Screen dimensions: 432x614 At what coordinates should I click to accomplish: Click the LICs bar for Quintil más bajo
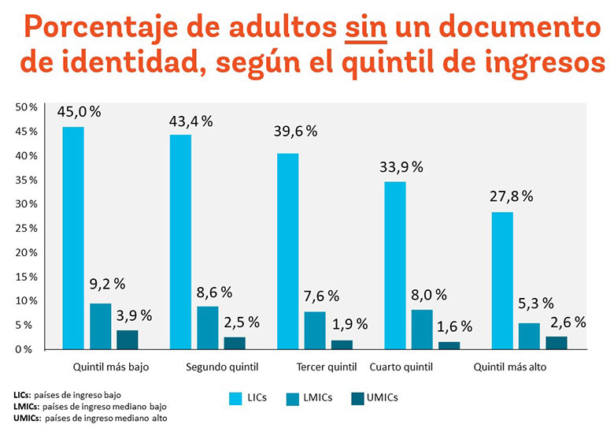73,237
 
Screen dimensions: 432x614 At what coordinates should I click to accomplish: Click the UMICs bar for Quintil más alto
556,342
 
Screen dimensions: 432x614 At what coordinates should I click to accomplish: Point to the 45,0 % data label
79,112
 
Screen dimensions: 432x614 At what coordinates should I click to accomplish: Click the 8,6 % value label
214,292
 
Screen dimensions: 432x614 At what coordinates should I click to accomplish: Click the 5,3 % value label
538,304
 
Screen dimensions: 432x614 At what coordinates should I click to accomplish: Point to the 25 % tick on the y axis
27,228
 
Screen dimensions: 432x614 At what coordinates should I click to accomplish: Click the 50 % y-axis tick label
27,107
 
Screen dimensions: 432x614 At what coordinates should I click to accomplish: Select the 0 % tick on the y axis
29,348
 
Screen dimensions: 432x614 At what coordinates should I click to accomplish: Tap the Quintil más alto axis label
509,367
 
